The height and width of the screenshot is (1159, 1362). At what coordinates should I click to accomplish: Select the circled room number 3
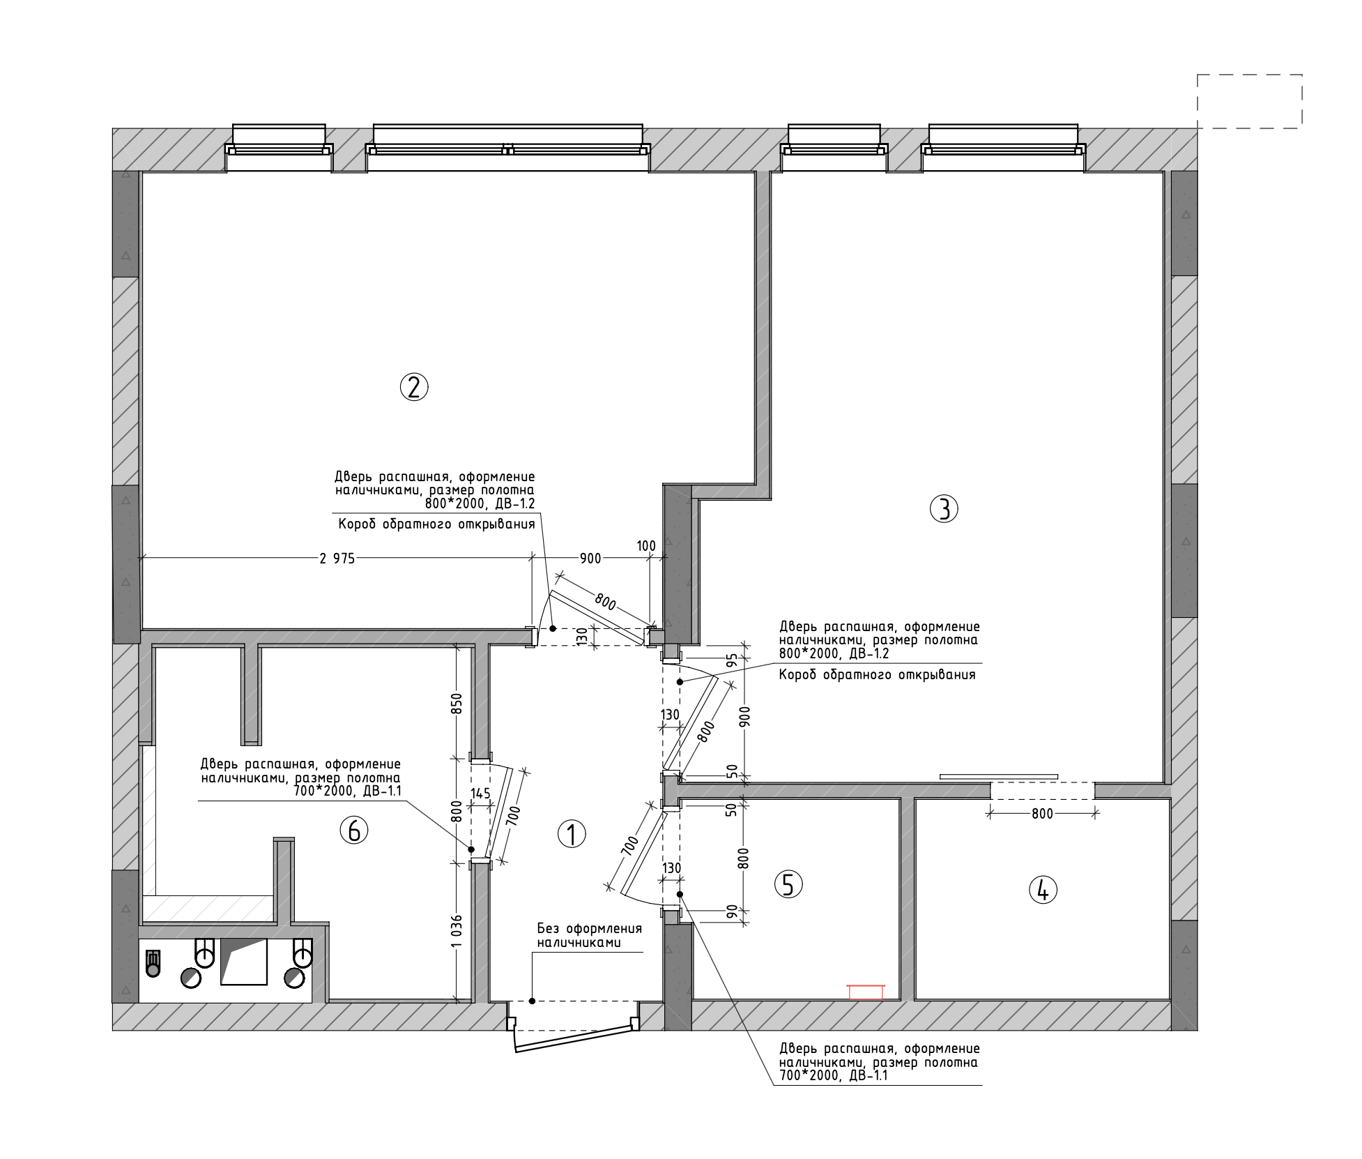click(944, 509)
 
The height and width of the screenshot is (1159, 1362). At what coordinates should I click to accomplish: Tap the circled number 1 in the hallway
click(572, 833)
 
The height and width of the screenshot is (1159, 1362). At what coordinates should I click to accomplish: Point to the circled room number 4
click(1043, 890)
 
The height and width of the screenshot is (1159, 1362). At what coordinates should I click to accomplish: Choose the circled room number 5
click(788, 884)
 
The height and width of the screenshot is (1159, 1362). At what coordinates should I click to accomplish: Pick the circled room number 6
click(353, 830)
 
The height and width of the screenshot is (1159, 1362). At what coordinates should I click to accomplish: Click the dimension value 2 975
click(337, 559)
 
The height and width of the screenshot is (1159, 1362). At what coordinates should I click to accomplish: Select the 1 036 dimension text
click(458, 931)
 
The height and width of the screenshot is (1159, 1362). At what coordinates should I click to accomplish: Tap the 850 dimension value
click(458, 704)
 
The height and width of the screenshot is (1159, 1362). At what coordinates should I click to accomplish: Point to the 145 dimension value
click(480, 793)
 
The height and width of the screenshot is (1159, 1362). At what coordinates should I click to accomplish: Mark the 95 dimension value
click(732, 660)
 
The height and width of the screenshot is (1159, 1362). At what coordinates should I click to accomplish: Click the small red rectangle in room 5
click(866, 992)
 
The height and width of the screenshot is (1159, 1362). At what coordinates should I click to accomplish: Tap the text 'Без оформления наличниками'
click(589, 936)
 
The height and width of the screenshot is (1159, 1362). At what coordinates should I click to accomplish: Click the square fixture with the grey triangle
click(244, 962)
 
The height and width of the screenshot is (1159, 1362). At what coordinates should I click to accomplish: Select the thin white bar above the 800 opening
click(999, 776)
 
